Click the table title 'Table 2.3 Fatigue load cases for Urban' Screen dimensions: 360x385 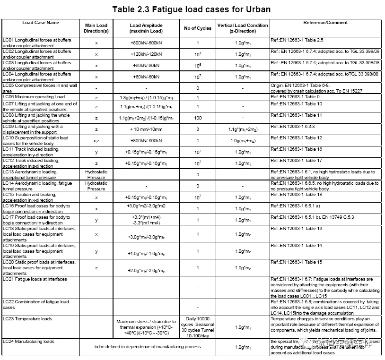click(x=192, y=9)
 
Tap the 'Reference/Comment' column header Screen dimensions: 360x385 click(x=325, y=22)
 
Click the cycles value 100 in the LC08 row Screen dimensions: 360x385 click(x=197, y=118)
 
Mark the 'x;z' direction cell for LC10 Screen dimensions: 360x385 click(x=96, y=141)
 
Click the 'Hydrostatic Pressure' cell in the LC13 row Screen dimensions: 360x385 click(x=96, y=175)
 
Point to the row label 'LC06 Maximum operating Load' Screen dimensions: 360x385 click(x=34, y=97)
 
